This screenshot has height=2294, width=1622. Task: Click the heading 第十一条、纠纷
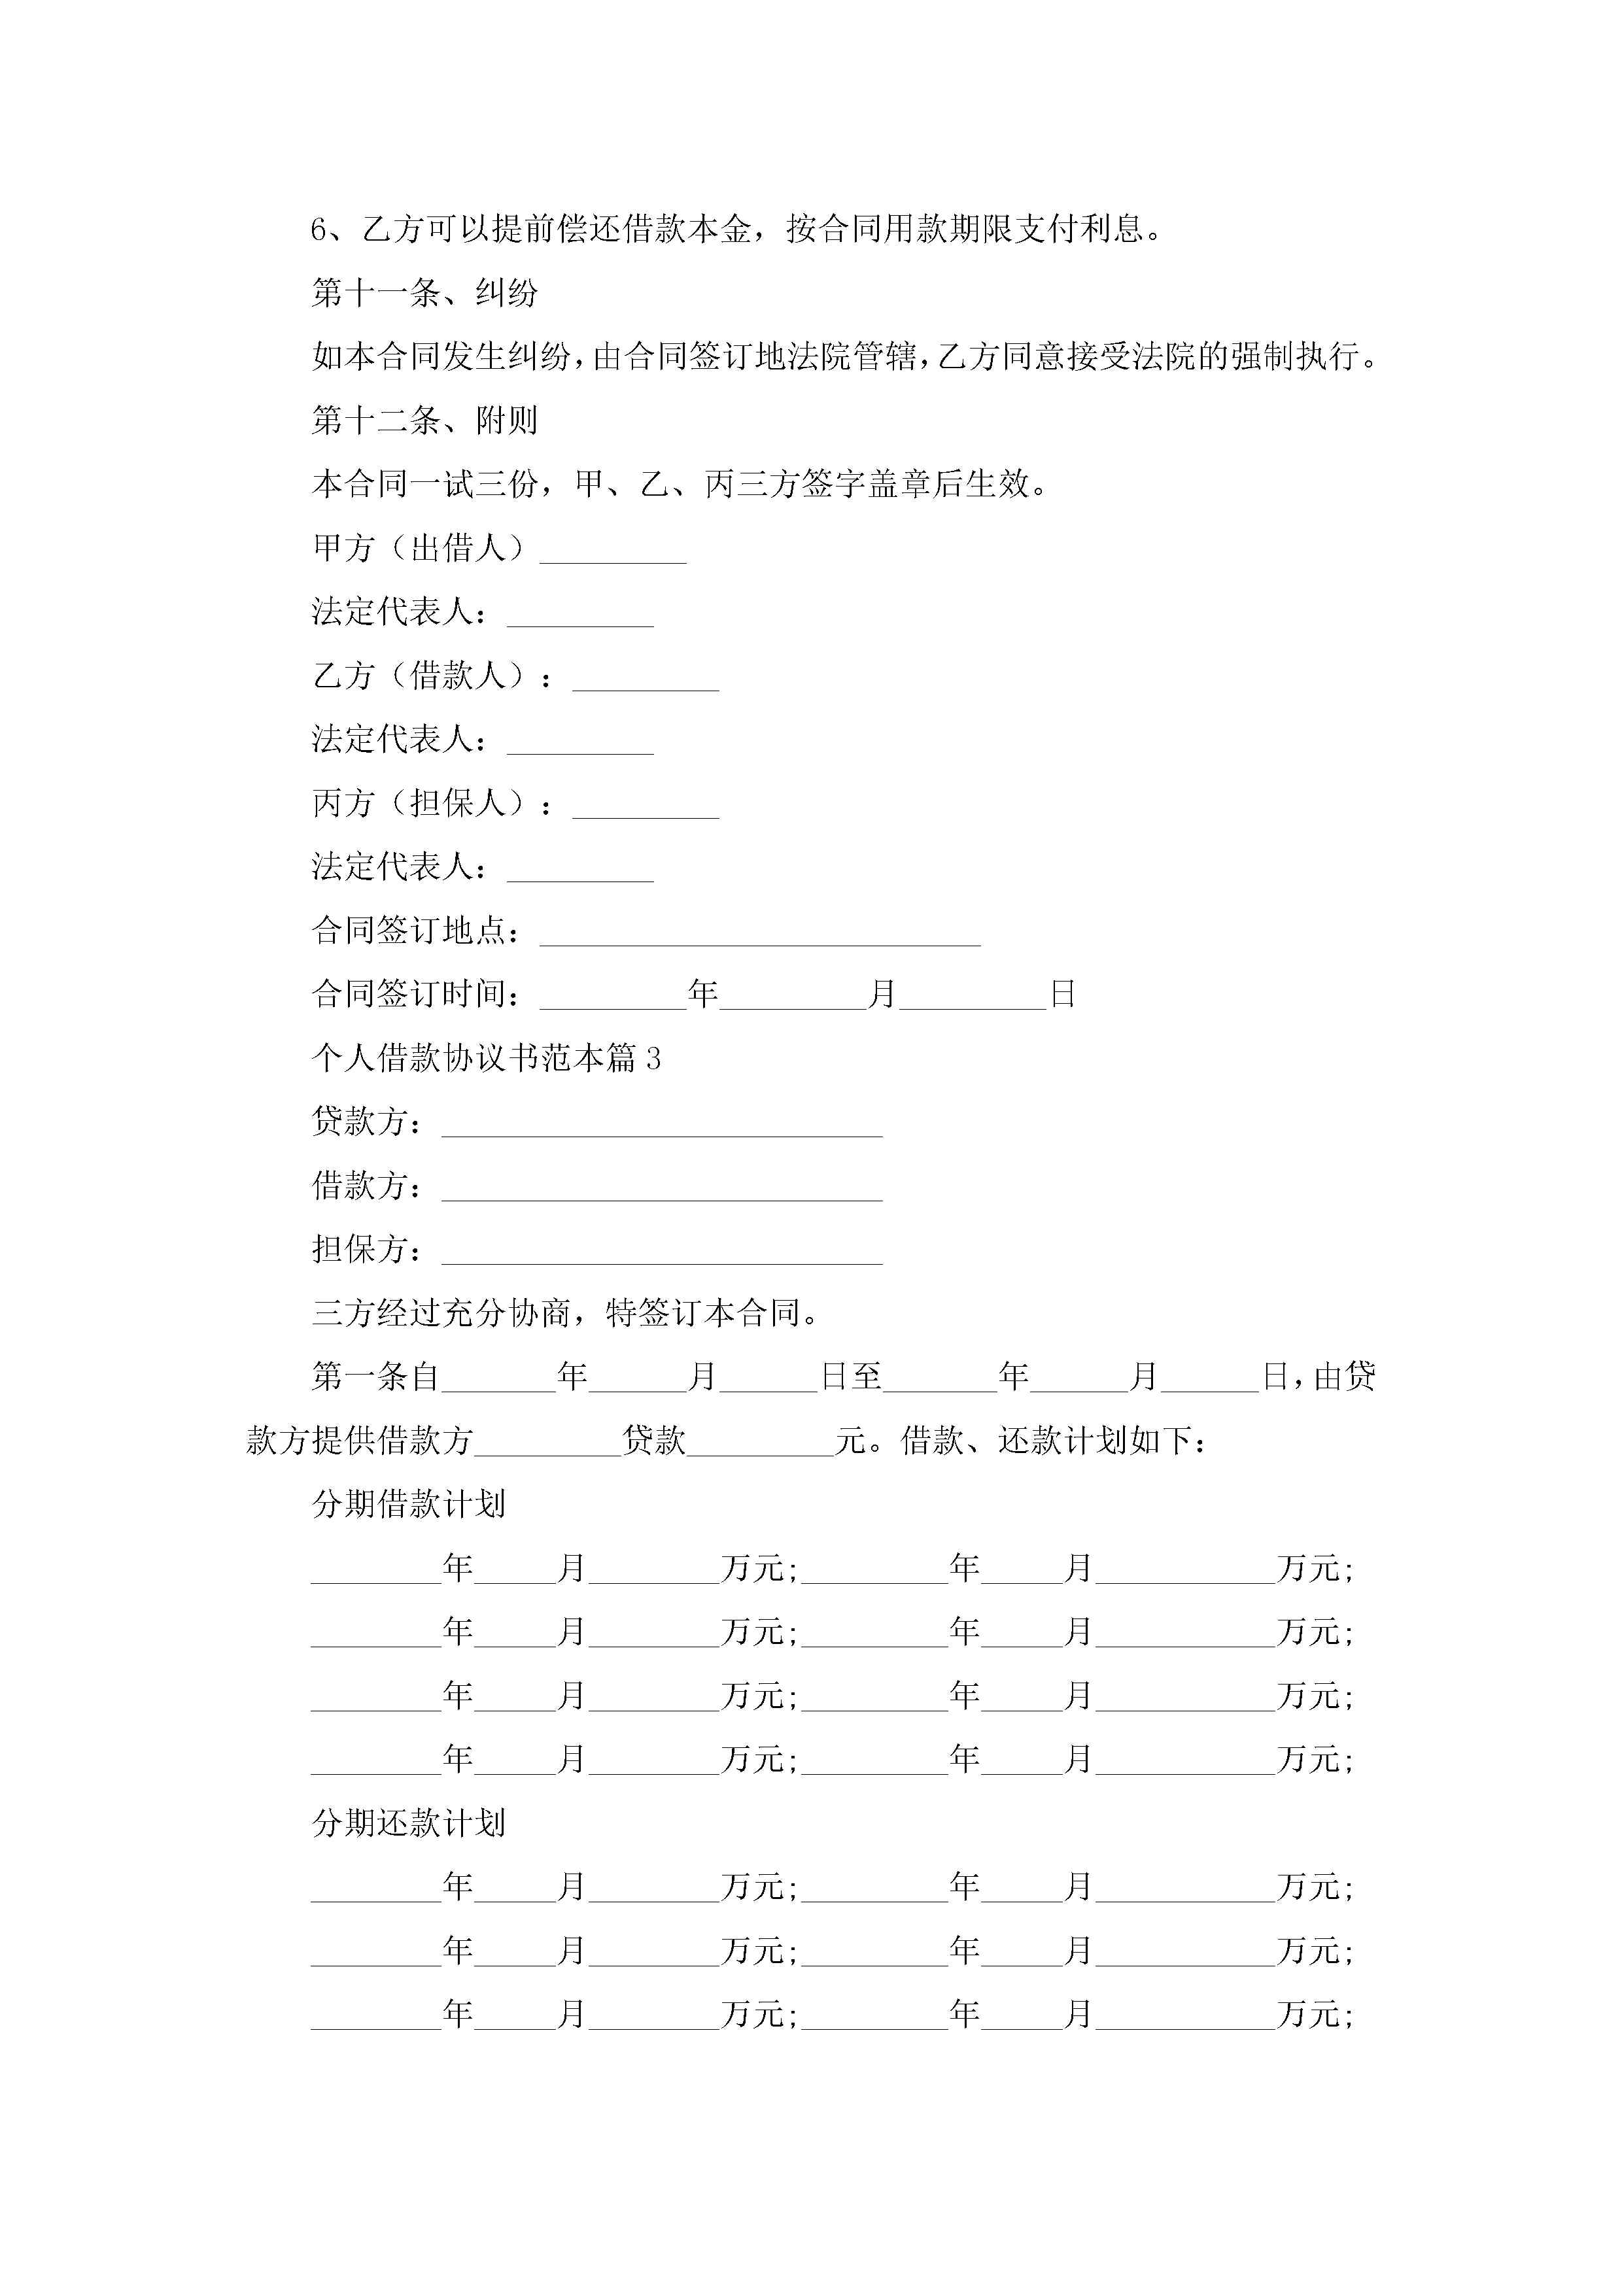tap(424, 293)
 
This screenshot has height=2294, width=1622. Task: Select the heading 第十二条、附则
tap(424, 420)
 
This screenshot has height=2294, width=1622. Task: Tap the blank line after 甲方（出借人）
tap(613, 553)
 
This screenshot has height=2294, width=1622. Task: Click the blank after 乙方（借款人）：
tap(646, 679)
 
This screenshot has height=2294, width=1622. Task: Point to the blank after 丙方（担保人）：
tap(646, 808)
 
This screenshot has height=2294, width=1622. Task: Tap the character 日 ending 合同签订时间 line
tap(1062, 994)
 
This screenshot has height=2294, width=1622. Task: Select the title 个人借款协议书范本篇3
tap(487, 1058)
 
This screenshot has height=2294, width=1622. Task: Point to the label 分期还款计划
tap(409, 1823)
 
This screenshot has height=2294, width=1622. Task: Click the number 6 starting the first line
tap(319, 230)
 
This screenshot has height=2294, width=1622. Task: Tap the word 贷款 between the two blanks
tap(653, 1441)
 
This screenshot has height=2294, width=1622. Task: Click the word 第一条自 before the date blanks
tap(376, 1377)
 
